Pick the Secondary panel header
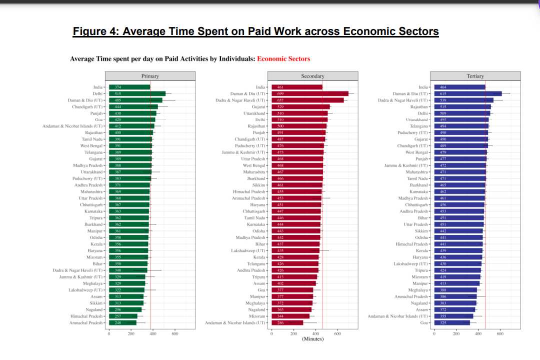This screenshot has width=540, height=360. pos(313,76)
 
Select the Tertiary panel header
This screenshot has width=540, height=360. pos(475,76)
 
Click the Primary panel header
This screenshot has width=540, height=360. pos(150,76)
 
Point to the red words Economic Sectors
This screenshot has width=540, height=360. pos(283,59)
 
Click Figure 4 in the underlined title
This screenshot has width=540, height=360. pos(95,31)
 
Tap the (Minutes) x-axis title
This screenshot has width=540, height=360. pos(313,339)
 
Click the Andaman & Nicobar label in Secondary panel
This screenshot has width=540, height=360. pos(235,322)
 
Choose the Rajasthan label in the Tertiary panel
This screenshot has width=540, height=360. pos(419,106)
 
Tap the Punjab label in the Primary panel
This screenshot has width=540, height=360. pos(96,113)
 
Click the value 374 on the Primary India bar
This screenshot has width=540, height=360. pos(118,87)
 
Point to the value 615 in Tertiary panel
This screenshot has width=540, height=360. pos(443,93)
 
